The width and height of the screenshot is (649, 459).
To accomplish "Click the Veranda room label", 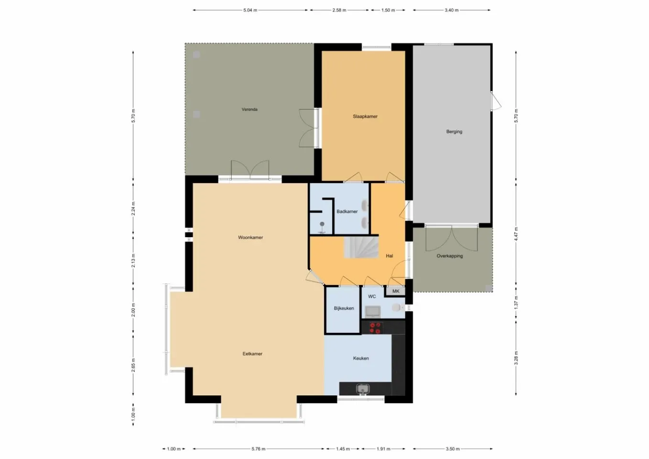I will point(249,109).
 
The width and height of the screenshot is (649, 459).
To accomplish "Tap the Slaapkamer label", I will point(365,116).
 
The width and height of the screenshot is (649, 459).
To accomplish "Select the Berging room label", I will point(454,131).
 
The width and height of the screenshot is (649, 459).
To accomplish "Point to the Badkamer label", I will point(347,211).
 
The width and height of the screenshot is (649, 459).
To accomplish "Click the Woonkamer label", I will point(250,237).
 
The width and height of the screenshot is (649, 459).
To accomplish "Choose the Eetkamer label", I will point(252,354).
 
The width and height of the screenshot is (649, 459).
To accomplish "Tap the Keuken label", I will point(361,358).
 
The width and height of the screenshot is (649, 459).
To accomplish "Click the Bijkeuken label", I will point(344,308).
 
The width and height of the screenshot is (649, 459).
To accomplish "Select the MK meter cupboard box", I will point(396,291).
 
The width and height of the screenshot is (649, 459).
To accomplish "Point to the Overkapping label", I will point(450,256).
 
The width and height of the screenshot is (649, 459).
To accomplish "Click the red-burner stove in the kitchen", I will point(374,328).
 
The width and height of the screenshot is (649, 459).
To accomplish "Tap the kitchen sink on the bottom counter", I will point(363,389).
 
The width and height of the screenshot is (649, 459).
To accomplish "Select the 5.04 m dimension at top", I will point(250,10).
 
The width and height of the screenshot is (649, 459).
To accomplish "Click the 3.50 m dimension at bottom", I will point(452,449).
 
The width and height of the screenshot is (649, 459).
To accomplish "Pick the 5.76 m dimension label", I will point(258,449).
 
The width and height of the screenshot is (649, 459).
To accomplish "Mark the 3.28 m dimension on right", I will point(516,358).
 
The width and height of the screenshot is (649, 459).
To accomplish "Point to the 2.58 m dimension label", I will point(339,10).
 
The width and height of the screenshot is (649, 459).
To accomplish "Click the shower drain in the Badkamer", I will point(323,224).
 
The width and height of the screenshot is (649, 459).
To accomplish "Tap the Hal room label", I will point(389,256).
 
